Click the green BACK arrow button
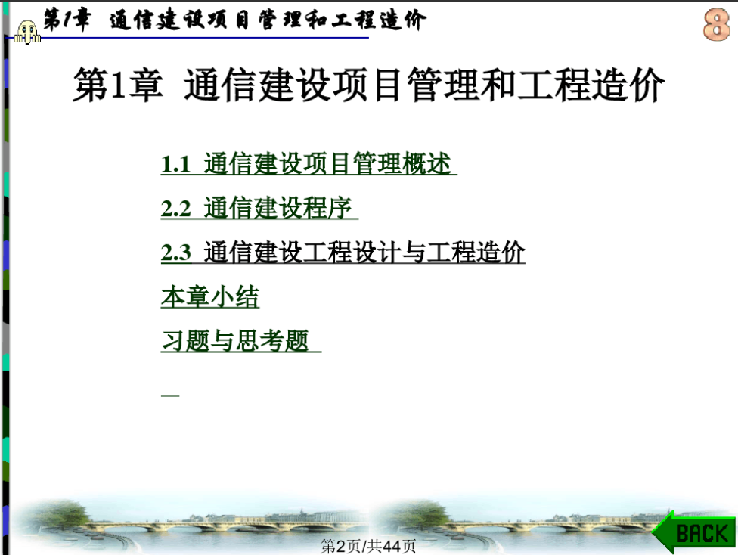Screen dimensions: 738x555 (693, 532)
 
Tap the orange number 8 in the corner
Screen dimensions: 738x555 (716, 24)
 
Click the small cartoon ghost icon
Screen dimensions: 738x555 (26, 32)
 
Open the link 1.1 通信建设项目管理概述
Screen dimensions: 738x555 (309, 164)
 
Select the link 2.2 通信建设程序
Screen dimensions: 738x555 (259, 208)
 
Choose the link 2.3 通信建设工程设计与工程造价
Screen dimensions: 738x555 (343, 253)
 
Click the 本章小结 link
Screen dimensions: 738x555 (210, 296)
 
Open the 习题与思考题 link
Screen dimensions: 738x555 (241, 341)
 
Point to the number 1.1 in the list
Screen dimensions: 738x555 (175, 165)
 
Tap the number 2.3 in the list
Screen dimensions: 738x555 (175, 253)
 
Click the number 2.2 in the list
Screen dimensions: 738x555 (175, 209)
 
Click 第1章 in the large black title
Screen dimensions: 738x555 (118, 85)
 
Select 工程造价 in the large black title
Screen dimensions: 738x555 (591, 85)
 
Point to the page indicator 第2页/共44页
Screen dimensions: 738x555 (368, 546)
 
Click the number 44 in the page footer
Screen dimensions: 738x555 (392, 547)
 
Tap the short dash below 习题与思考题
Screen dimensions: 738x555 (170, 395)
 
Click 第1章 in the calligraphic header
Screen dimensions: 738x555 (66, 20)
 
